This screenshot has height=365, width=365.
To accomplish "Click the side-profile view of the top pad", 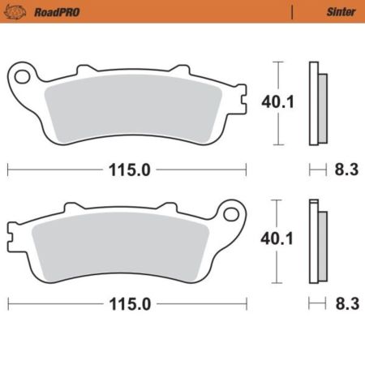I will coord(317,104).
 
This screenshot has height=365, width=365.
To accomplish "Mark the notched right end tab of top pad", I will coord(241,101).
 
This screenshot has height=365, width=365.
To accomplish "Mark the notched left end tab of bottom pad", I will coord(11,237).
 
